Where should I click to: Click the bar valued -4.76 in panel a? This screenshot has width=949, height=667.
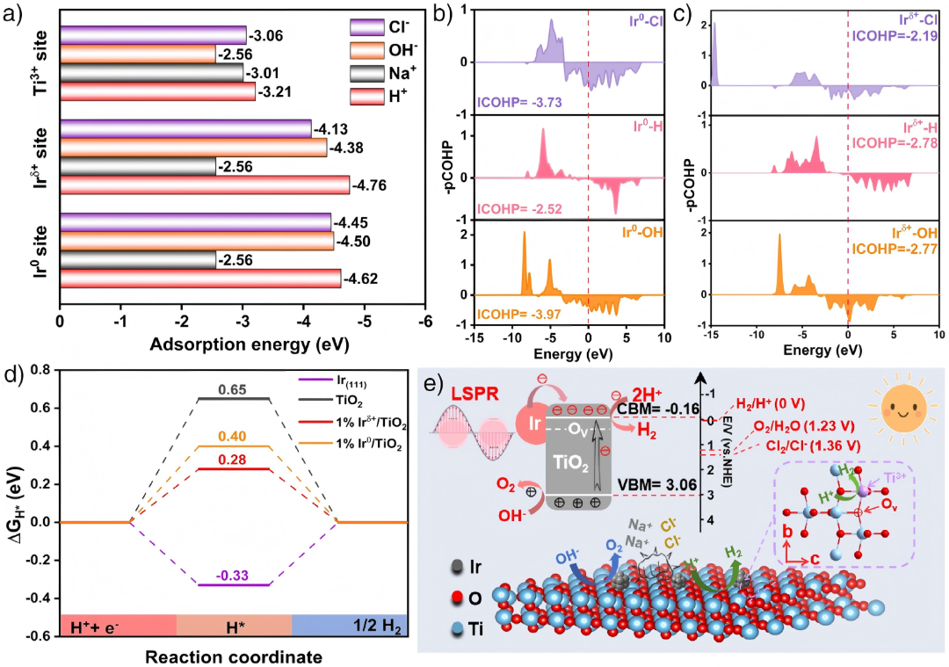point(205,185)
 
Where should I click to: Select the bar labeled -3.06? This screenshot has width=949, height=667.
point(153,35)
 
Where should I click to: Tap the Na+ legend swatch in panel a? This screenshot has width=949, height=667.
point(366,73)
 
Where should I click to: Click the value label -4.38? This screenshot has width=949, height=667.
point(346,148)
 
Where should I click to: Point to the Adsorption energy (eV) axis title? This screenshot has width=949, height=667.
point(250,344)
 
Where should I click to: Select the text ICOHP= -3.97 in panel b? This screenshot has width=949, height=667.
point(518,314)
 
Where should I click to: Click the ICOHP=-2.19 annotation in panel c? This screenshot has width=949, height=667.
point(895,36)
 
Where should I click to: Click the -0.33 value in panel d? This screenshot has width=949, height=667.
point(233,575)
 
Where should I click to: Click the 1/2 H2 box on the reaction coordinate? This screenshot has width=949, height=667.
point(350,625)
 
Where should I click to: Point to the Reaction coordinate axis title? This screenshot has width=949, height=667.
point(234,656)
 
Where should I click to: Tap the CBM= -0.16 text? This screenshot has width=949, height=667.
point(658,410)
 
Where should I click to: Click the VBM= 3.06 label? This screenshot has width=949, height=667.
point(656,485)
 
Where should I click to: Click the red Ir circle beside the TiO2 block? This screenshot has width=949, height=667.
point(534,423)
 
